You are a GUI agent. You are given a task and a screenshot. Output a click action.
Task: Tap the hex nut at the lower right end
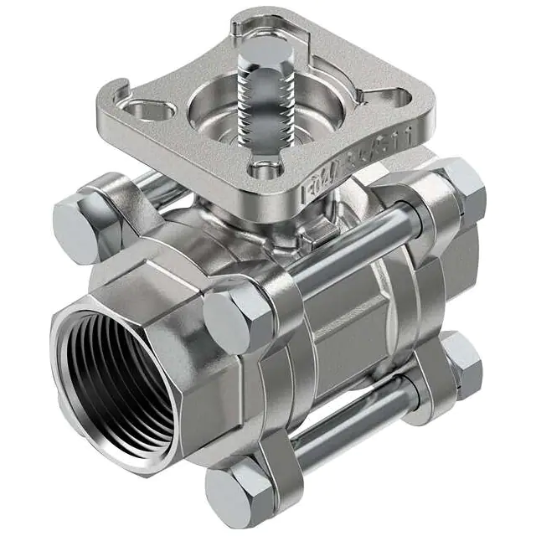coord(461,362)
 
